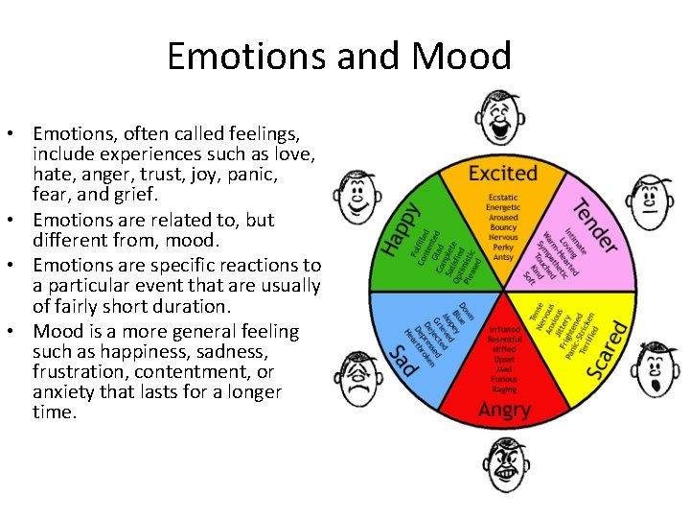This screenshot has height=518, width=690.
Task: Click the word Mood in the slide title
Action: click(461, 57)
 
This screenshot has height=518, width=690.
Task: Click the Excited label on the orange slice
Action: click(502, 174)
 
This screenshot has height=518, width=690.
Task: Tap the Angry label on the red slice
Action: click(503, 411)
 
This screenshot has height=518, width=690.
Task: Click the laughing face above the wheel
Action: click(501, 119)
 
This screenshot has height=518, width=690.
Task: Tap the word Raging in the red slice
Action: click(503, 388)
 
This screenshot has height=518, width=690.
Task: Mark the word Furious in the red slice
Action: click(503, 378)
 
